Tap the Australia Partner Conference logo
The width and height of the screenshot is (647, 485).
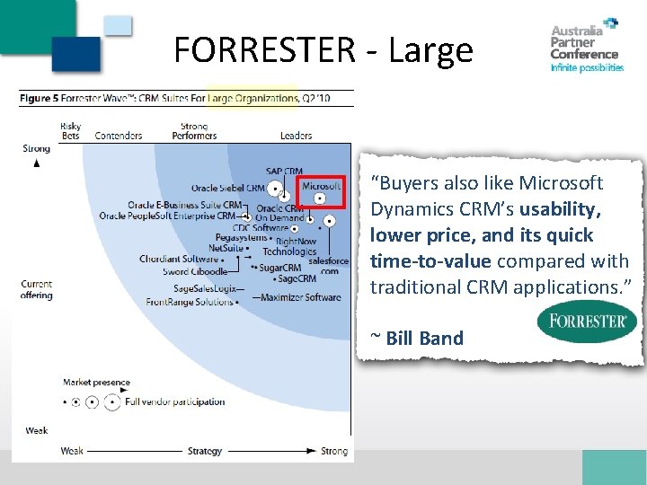pyautogui.click(x=586, y=46)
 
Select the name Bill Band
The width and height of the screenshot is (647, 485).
pyautogui.click(x=424, y=339)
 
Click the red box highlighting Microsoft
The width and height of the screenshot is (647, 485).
pyautogui.click(x=320, y=198)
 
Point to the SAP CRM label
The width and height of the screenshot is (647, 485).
pyautogui.click(x=284, y=172)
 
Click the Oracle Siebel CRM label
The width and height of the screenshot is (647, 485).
pyautogui.click(x=227, y=189)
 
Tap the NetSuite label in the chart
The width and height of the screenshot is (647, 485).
pyautogui.click(x=226, y=248)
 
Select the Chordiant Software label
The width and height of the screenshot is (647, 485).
pyautogui.click(x=179, y=260)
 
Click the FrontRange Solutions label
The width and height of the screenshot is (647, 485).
pyautogui.click(x=189, y=303)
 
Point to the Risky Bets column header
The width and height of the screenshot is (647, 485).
pyautogui.click(x=70, y=131)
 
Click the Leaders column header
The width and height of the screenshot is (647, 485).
pyautogui.click(x=296, y=137)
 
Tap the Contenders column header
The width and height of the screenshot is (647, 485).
pyautogui.click(x=119, y=137)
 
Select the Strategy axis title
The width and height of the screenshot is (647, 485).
pyautogui.click(x=205, y=451)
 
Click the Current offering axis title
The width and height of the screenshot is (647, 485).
pyautogui.click(x=37, y=290)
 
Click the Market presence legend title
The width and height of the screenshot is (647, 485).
pyautogui.click(x=96, y=383)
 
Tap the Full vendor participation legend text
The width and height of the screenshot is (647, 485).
pyautogui.click(x=174, y=402)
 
